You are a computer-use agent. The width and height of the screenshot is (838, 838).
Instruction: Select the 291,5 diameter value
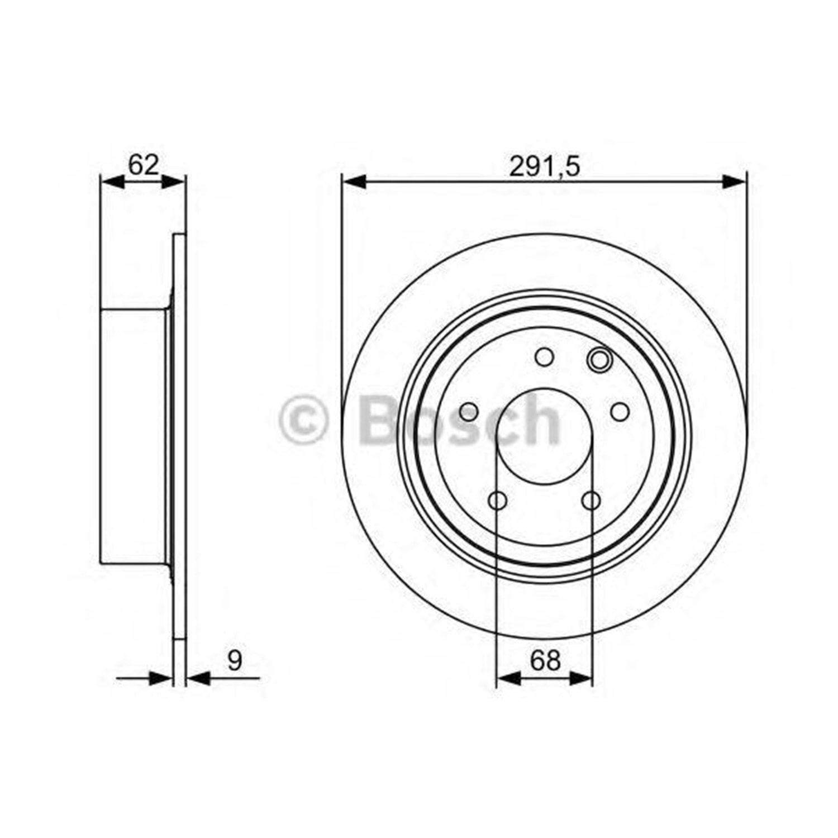pos(545,166)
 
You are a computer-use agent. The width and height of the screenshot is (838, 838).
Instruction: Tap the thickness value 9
pos(235,660)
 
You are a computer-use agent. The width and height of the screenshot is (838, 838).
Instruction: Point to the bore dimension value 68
pos(545,660)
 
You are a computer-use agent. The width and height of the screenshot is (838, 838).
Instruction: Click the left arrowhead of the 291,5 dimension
pos(354,182)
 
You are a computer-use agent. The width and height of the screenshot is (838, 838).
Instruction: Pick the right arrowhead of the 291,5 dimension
pos(734,182)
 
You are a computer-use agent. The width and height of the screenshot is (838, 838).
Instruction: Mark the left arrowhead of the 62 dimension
pos(112,182)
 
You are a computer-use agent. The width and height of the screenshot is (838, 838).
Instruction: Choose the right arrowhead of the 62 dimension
pos(173,182)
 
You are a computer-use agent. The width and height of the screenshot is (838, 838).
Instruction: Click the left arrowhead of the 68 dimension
pos(508,678)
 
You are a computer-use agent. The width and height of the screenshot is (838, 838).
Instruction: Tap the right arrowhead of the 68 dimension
pos(580,678)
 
